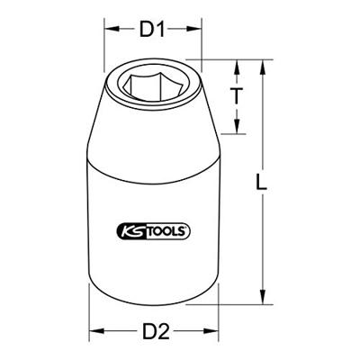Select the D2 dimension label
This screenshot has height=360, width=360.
click(x=155, y=331)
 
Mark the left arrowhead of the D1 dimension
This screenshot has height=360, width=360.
click(x=112, y=30)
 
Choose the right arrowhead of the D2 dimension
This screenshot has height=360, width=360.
click(x=215, y=330)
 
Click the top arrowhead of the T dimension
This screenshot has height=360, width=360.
click(x=238, y=65)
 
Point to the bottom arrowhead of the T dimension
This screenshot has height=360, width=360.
click(x=238, y=131)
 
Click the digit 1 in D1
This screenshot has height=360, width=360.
click(x=163, y=31)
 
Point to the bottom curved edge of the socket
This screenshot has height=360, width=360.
click(x=155, y=309)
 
